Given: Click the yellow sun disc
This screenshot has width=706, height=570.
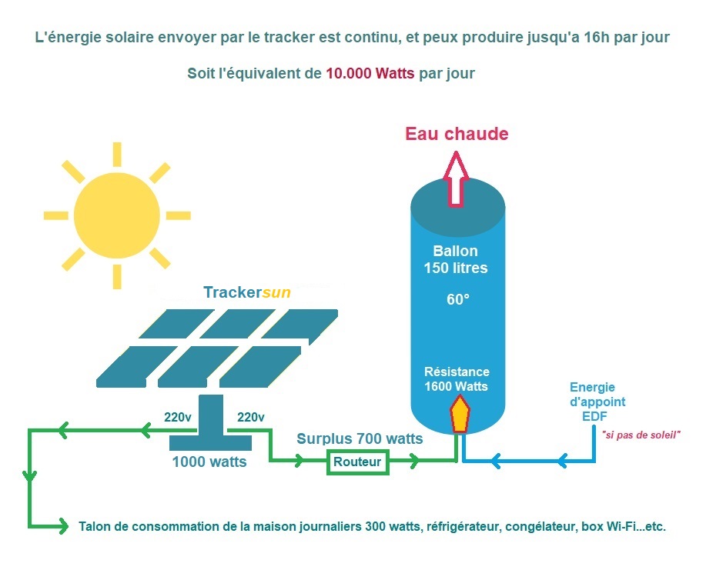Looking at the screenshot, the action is [116, 215].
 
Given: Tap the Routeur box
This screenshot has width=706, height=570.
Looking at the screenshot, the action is [357, 462].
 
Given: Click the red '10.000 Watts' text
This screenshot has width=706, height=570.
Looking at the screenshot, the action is [370, 73].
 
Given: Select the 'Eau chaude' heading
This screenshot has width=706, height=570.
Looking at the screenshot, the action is [457, 134].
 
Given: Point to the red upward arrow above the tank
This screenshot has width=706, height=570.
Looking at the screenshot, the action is [456, 179].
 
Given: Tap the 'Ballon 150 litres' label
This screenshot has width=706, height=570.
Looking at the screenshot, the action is [456, 259].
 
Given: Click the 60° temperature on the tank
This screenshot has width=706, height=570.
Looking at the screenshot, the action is [458, 299].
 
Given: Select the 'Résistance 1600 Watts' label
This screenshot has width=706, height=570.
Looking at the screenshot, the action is [457, 378].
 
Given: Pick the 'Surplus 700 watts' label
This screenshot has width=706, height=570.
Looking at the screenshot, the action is [360, 438].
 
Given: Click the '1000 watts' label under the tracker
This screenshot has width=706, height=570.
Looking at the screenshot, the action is [209, 462].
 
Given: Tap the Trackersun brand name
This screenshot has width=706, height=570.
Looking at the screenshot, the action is [247, 292].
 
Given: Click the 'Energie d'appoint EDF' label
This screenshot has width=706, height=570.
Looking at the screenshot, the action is [597, 402].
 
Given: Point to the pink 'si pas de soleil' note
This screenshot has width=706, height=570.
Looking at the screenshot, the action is [641, 435].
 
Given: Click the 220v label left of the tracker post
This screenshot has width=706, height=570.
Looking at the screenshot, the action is [177, 418].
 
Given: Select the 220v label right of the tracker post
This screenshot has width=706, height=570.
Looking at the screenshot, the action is [251, 418].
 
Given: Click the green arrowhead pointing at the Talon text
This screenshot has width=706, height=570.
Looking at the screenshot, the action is [62, 526].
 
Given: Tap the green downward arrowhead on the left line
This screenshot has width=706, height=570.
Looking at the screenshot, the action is [30, 476].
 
